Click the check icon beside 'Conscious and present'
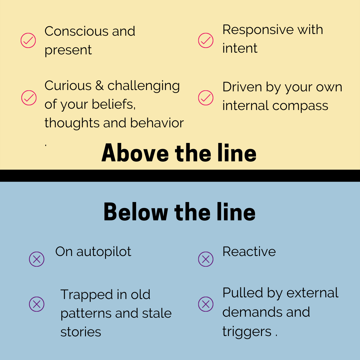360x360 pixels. [28, 40]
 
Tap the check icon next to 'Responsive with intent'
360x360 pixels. [206, 40]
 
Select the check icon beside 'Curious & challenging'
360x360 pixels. [29, 98]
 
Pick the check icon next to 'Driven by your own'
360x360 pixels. [206, 98]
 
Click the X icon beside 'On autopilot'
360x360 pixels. [37, 259]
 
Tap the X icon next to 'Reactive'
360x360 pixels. [206, 259]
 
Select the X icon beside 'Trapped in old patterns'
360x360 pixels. [37, 304]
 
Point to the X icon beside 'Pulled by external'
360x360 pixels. [206, 304]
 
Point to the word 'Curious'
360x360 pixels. [68, 86]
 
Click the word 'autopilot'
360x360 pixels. [104, 252]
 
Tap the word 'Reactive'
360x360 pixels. [249, 252]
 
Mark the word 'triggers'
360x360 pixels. [247, 332]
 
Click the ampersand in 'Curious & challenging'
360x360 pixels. [99, 86]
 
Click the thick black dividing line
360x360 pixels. [180, 176]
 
